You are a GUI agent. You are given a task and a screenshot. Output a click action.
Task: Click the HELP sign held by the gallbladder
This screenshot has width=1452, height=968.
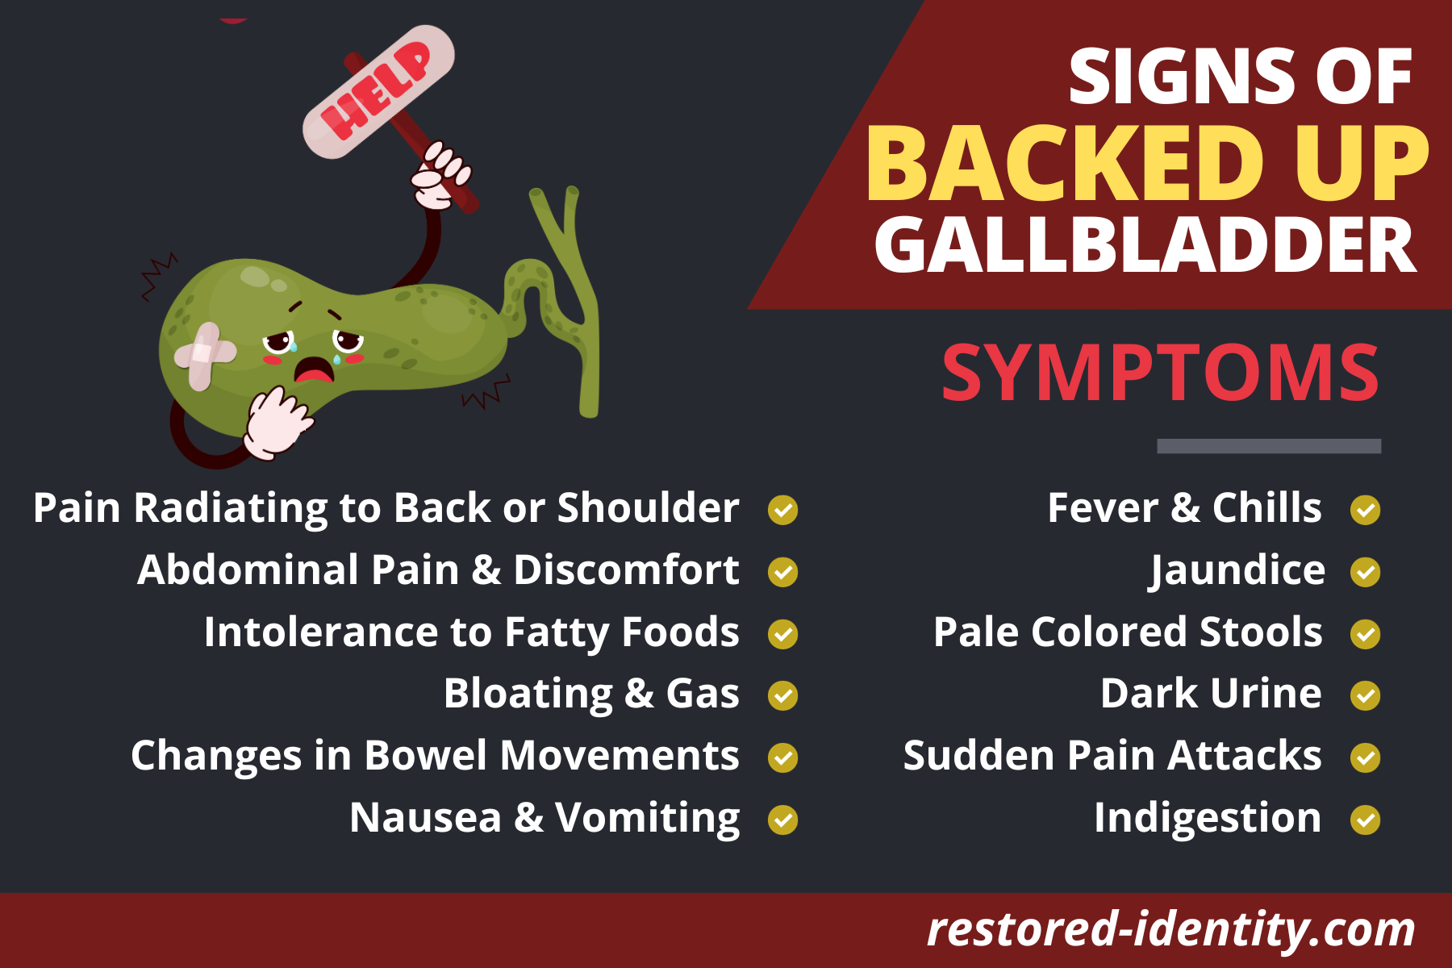[378, 91]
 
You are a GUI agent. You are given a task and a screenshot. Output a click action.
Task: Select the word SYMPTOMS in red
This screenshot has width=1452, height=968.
[1161, 373]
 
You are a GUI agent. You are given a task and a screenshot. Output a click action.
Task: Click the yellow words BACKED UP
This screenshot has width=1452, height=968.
[1147, 164]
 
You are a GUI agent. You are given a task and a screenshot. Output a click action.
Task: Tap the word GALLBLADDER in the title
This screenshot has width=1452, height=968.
[1145, 245]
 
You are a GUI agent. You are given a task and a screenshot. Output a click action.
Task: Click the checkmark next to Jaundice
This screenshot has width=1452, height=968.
[1366, 572]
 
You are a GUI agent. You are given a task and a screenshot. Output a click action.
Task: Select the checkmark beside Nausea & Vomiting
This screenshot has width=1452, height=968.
[782, 820]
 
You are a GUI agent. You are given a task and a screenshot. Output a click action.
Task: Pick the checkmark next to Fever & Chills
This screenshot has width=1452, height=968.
[1366, 510]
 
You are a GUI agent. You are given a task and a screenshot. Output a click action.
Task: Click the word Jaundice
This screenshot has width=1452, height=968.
[1237, 571]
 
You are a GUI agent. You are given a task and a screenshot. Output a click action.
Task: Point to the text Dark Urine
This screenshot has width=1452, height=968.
[1211, 693]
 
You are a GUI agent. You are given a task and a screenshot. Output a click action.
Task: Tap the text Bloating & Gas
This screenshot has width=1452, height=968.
[591, 695]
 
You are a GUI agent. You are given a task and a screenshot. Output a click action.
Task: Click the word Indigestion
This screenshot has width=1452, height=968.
[1208, 819]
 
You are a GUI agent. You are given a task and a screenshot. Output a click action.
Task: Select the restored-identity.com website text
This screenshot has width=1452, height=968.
[1170, 929]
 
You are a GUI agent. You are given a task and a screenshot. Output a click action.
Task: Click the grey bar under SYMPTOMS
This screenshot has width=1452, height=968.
[1269, 446]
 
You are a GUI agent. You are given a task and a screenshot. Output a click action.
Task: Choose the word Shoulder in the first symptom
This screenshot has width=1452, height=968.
[648, 507]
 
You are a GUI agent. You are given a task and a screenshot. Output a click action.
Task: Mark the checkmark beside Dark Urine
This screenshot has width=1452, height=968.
[1366, 695]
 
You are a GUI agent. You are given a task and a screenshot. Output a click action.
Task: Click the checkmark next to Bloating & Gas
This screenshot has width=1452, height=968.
[782, 695]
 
